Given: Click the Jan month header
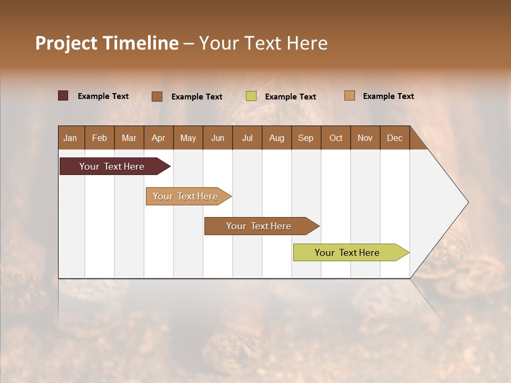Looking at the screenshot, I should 70,138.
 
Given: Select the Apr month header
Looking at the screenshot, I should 158,138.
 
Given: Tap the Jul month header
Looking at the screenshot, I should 247,138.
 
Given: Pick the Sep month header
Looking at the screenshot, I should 306,138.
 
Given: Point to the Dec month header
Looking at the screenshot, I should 394,138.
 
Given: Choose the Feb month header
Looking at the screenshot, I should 100,138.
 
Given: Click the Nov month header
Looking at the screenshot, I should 365,138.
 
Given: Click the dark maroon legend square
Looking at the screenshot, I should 63,96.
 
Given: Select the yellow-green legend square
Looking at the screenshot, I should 251,96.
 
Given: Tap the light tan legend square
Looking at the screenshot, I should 349,96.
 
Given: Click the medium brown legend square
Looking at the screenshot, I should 157,96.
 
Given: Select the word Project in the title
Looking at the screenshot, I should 66,43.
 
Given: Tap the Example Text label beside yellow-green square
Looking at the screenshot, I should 290,97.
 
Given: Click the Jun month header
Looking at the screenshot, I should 217,138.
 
